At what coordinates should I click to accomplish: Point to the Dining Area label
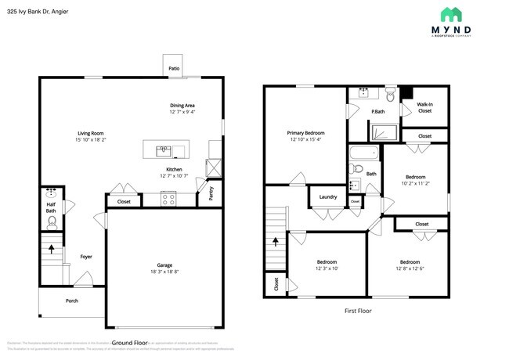tap(182, 106)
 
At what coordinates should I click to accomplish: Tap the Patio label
tap(174, 69)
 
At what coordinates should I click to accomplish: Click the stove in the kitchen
tap(169, 199)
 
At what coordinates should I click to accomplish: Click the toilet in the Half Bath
tap(52, 222)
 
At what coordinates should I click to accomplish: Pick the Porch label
tap(71, 301)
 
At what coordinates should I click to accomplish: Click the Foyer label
tap(86, 256)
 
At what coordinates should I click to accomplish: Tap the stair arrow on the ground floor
tap(52, 250)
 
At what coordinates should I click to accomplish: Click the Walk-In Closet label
tap(424, 107)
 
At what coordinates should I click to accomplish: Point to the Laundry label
tap(329, 196)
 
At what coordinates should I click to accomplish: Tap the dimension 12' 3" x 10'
tap(327, 268)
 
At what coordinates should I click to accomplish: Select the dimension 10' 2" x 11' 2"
tap(415, 183)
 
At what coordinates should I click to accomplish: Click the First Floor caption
tap(358, 311)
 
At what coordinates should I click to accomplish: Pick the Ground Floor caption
tap(130, 343)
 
